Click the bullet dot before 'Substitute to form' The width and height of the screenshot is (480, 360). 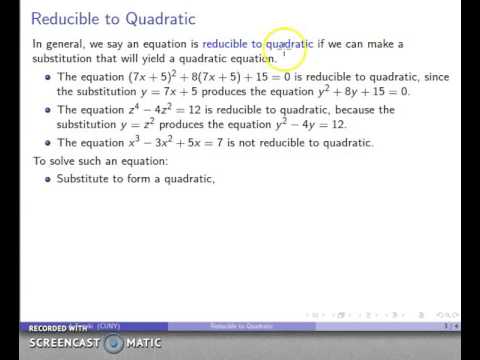[x=47, y=179]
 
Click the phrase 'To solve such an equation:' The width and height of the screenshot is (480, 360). [x=89, y=160]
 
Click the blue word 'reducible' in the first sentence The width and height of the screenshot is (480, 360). [x=229, y=44]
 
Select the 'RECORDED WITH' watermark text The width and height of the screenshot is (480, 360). [x=57, y=328]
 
